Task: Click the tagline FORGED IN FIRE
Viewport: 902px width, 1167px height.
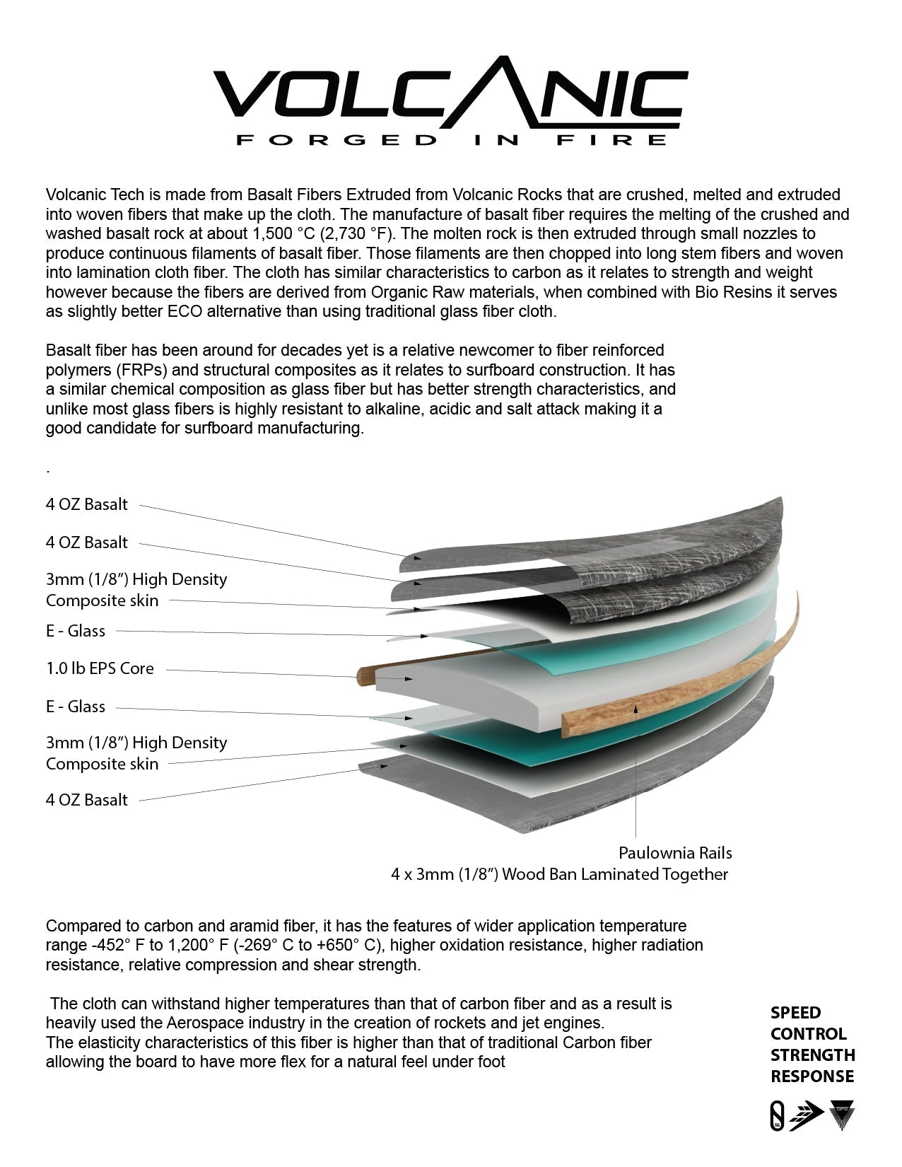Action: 450,139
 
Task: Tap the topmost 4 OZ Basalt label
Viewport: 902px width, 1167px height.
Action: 87,504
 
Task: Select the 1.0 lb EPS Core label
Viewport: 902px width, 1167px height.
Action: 100,668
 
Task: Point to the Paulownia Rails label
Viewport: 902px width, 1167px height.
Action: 675,852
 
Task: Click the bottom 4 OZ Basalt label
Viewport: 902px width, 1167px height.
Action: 87,800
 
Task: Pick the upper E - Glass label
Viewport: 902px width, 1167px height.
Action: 76,631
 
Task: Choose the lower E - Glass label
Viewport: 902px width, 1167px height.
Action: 76,707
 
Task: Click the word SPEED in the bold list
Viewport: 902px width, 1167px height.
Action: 795,1013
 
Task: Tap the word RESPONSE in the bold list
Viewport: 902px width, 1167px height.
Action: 812,1076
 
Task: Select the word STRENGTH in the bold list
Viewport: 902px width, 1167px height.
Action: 812,1055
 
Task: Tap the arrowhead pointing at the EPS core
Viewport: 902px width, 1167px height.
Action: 409,678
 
